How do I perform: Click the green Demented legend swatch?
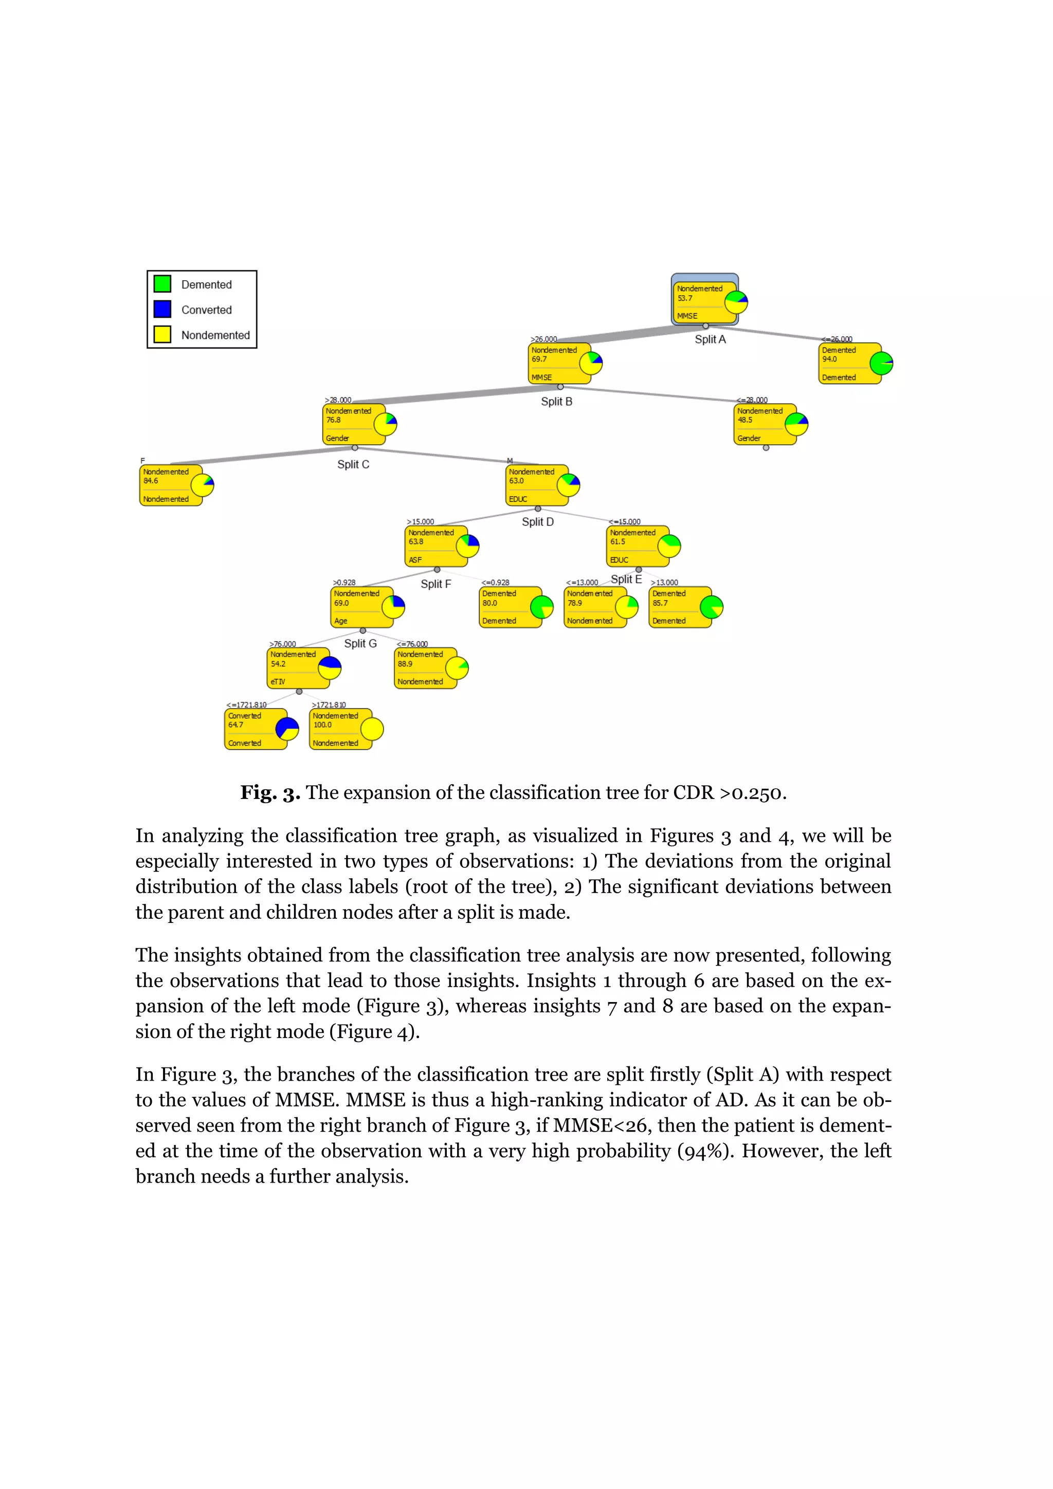pos(162,284)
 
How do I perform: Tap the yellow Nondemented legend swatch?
pos(162,334)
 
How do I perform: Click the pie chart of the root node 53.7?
pos(736,302)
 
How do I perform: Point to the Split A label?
pos(710,339)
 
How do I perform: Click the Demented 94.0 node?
pos(849,363)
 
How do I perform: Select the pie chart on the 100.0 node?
pos(372,729)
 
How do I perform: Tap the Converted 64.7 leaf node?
pos(256,729)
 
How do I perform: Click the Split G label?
pos(360,643)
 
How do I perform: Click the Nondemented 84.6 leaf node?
pos(171,485)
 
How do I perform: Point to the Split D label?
pos(537,521)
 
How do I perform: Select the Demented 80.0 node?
pos(510,607)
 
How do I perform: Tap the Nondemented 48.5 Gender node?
pos(765,424)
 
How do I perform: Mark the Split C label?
pos(353,464)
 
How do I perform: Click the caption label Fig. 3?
pos(270,792)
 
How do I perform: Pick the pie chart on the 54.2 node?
pos(330,668)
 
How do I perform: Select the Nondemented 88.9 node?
pos(425,668)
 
